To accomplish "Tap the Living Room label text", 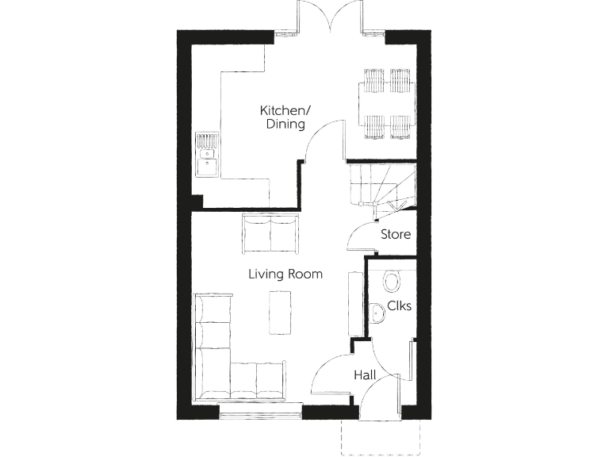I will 285,275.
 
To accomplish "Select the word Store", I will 396,235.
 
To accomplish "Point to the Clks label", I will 399,307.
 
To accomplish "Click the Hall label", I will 365,375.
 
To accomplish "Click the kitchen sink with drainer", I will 207,156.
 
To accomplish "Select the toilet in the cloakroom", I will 391,281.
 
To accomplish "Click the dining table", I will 387,104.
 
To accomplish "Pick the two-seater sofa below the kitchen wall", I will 271,233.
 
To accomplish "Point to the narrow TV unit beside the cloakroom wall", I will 354,301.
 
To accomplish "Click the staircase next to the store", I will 381,186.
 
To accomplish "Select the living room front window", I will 259,413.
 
